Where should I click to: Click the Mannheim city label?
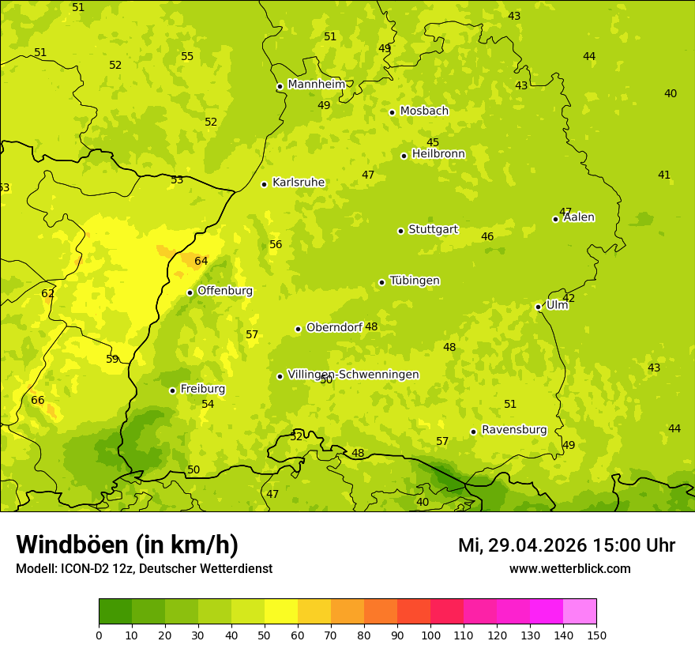pyautogui.click(x=317, y=85)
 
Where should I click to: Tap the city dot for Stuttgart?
pyautogui.click(x=400, y=231)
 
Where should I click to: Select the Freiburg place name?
pyautogui.click(x=203, y=389)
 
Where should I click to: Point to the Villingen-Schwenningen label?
pyautogui.click(x=353, y=375)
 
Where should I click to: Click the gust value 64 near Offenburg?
pyautogui.click(x=201, y=262)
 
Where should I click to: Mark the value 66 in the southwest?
pyautogui.click(x=38, y=401)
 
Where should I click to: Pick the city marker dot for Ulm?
pyautogui.click(x=538, y=307)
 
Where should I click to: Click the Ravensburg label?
pyautogui.click(x=514, y=430)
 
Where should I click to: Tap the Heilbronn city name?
pyautogui.click(x=438, y=154)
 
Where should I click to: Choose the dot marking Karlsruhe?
pyautogui.click(x=264, y=184)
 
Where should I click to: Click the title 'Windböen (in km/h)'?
pyautogui.click(x=127, y=545)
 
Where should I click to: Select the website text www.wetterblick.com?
pyautogui.click(x=569, y=569)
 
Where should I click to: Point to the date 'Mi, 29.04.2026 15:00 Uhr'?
pyautogui.click(x=566, y=545)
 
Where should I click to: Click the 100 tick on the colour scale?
pyautogui.click(x=430, y=634)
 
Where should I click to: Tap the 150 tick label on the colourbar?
pyautogui.click(x=595, y=634)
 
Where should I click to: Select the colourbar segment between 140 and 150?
pyautogui.click(x=580, y=612)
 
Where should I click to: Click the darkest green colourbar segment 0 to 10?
pyautogui.click(x=115, y=612)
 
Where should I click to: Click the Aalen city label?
pyautogui.click(x=579, y=217)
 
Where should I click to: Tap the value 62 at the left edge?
pyautogui.click(x=48, y=294)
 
